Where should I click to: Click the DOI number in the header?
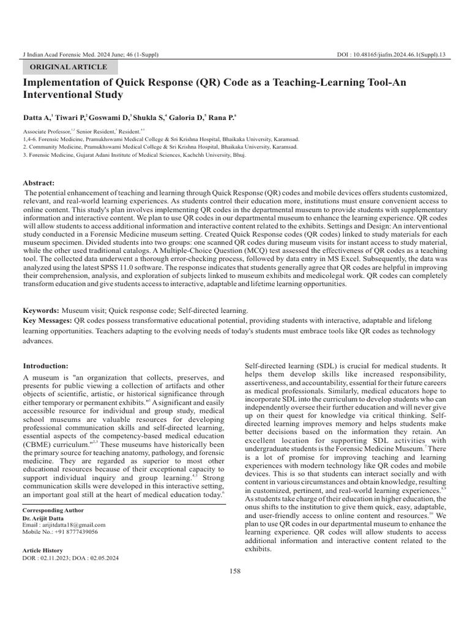coord(391,55)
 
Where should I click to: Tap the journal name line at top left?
coord(90,55)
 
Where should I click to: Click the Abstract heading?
coord(39,183)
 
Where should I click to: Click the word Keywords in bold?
coord(40,311)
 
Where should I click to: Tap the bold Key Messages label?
coord(47,321)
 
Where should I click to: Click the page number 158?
coord(235,571)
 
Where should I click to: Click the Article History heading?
coord(42,550)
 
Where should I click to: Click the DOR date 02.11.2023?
coord(58,558)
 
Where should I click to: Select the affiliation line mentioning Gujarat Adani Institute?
coord(134,156)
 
